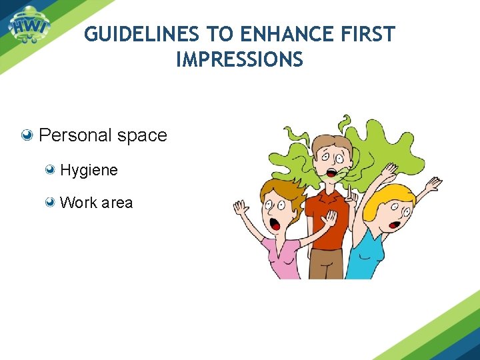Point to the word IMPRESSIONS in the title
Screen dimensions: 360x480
click(239, 60)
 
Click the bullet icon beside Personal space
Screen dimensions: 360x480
click(28, 135)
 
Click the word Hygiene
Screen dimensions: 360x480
click(89, 170)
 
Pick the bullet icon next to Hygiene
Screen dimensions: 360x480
click(51, 170)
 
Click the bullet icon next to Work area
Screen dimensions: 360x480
click(51, 203)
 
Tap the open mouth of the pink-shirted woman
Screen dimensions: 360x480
click(275, 225)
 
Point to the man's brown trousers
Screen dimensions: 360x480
click(326, 263)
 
